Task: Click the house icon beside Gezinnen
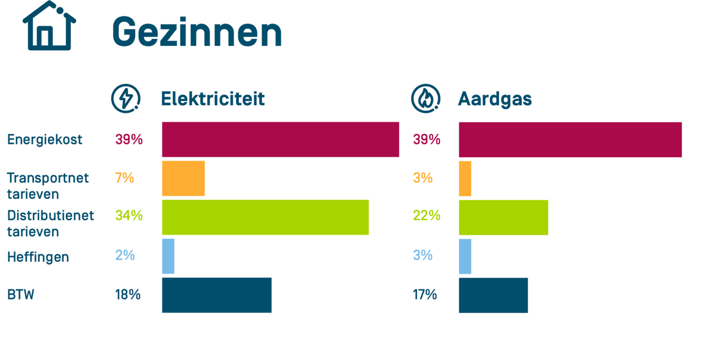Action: tap(49, 27)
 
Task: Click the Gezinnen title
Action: tap(197, 32)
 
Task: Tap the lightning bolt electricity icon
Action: tap(125, 99)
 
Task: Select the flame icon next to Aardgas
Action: tap(425, 99)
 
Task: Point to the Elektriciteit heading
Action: tap(213, 99)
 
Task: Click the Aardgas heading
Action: tap(495, 99)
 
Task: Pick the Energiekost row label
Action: tap(45, 140)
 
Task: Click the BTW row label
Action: tap(21, 295)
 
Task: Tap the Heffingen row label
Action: tap(38, 257)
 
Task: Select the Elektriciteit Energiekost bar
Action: tap(280, 140)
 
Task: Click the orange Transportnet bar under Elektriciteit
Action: tap(183, 178)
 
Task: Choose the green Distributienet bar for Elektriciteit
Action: tap(265, 217)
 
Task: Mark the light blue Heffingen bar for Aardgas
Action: tap(465, 256)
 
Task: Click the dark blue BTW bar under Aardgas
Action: tap(493, 295)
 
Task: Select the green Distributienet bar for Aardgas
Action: tap(503, 217)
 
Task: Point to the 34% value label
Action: tap(129, 216)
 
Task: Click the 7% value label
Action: tap(124, 178)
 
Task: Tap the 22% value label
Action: tap(426, 216)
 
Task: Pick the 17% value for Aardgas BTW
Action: tap(425, 295)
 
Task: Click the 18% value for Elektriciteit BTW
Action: tap(128, 295)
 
